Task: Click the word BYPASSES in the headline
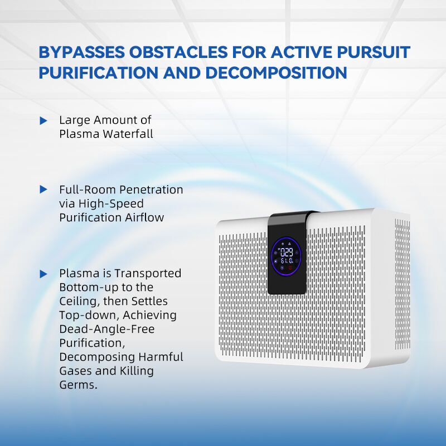pos(81,52)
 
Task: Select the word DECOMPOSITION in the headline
pos(276,73)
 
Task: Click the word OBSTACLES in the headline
pos(178,52)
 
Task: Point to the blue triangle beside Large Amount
pos(43,120)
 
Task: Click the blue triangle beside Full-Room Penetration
pos(43,190)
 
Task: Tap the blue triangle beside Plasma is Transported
pos(43,274)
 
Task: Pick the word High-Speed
pos(111,204)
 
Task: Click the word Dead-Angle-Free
pos(107,329)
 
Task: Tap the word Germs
pos(79,385)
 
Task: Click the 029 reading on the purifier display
pos(287,252)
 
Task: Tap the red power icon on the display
pos(290,268)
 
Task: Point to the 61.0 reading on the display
pos(287,260)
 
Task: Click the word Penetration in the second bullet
pos(151,190)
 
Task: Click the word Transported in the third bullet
pos(148,274)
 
